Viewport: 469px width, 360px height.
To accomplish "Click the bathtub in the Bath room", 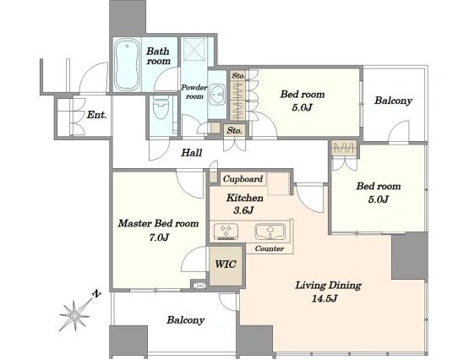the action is tap(127, 64).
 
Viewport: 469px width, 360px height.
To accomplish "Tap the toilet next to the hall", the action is tap(161, 112).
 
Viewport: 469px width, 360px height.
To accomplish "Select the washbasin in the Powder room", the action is tap(217, 95).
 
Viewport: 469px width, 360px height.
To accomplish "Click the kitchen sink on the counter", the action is tap(270, 232).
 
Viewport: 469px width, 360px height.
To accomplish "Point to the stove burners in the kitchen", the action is tap(226, 232).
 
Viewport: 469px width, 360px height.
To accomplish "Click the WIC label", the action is tap(226, 265).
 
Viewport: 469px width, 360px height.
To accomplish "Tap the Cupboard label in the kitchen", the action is tap(243, 179).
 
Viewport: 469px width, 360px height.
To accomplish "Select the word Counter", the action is tap(270, 248).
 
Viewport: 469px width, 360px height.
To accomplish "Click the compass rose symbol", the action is tap(74, 315).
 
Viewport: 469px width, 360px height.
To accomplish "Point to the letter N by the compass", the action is tap(96, 294).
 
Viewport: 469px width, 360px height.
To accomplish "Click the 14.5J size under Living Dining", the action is tap(324, 298).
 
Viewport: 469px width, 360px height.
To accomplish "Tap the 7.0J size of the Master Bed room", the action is tap(159, 237).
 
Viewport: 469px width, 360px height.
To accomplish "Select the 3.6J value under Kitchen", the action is tap(243, 210).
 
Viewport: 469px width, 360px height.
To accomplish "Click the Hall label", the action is tap(192, 153).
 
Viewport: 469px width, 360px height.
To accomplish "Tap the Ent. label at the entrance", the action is tap(96, 115).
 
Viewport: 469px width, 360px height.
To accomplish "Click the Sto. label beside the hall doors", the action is tap(235, 130).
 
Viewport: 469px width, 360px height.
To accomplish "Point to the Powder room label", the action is tap(194, 92).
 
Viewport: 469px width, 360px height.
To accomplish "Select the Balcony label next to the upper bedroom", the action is tap(393, 101).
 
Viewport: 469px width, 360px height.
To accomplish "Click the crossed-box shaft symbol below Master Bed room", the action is tap(199, 286).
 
